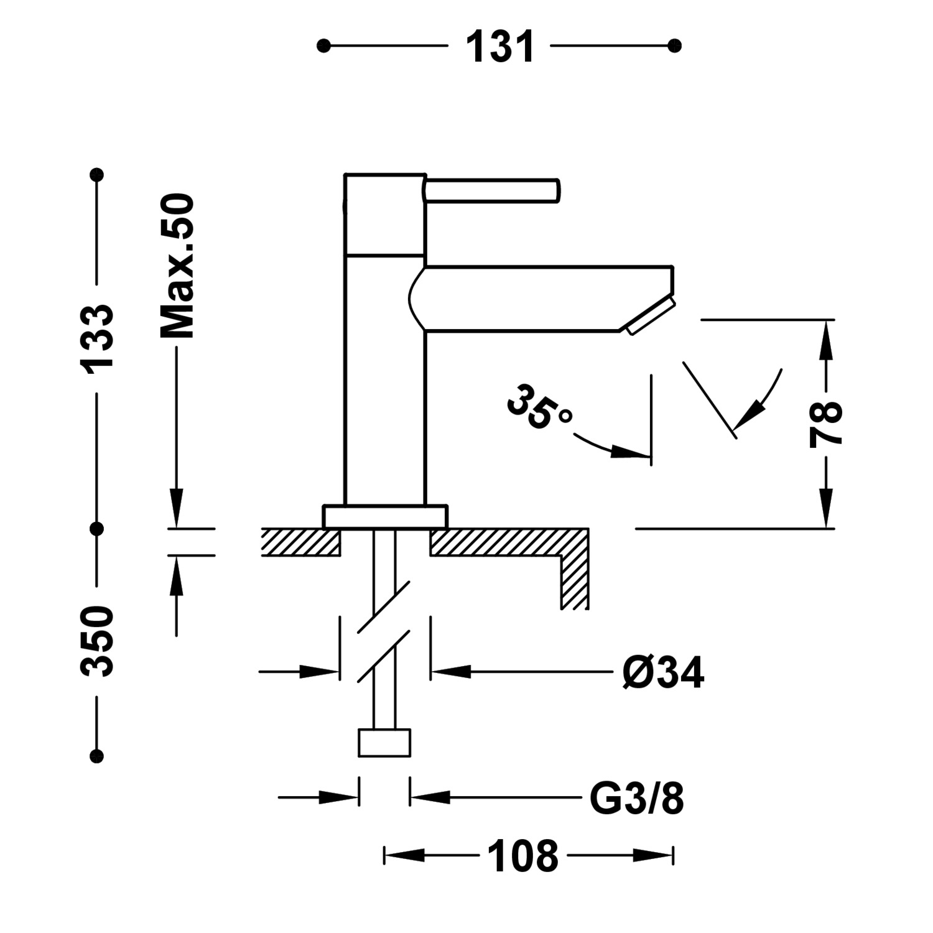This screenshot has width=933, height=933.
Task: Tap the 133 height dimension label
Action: [x=98, y=338]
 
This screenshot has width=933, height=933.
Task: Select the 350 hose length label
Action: [x=98, y=641]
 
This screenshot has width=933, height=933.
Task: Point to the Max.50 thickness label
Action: [x=178, y=266]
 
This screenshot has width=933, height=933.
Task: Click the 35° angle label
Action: [x=539, y=407]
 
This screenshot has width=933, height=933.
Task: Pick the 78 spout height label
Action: [x=825, y=424]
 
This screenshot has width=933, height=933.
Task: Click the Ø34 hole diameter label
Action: [x=663, y=673]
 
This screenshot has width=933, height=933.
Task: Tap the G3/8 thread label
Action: [x=636, y=799]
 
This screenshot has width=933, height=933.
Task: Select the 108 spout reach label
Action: [x=522, y=856]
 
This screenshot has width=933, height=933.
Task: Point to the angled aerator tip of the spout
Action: [x=651, y=317]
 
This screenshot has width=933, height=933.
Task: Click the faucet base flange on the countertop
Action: [x=385, y=516]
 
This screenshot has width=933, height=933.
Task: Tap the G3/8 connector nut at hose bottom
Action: [x=384, y=743]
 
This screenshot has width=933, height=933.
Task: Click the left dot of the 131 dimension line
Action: [x=323, y=46]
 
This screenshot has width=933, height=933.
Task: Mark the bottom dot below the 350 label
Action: [x=96, y=756]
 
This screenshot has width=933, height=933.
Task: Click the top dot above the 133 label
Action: [x=96, y=175]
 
